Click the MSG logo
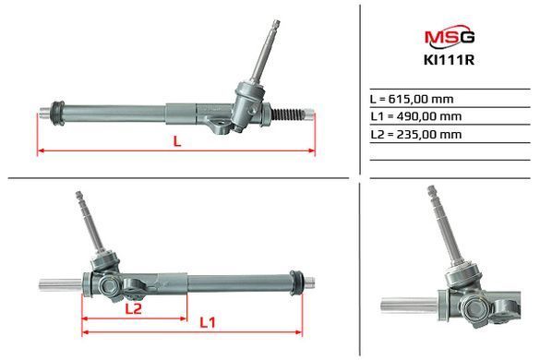point(450,36)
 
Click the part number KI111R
point(450,60)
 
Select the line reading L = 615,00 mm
point(412,99)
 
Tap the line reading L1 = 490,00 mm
point(416,116)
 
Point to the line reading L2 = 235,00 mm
point(416,134)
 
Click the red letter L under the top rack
point(177,141)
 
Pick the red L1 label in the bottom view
point(208,322)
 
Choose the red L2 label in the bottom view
point(133,308)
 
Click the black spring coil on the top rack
point(288,114)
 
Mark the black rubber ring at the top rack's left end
point(57,114)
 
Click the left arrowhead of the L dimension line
point(41,150)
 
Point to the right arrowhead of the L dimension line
point(311,150)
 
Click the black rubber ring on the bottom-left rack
point(296,283)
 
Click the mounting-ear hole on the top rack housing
point(219,123)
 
